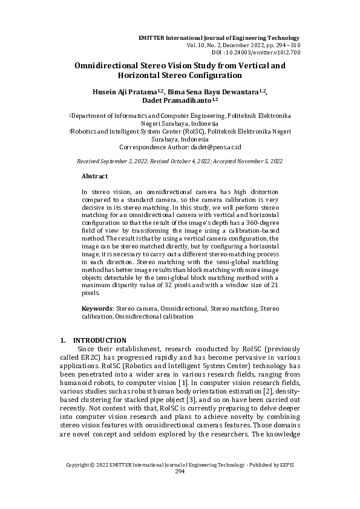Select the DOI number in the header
[x=275, y=52]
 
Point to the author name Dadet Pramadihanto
[x=176, y=101]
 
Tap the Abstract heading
[x=94, y=176]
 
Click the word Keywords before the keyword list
[x=97, y=308]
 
